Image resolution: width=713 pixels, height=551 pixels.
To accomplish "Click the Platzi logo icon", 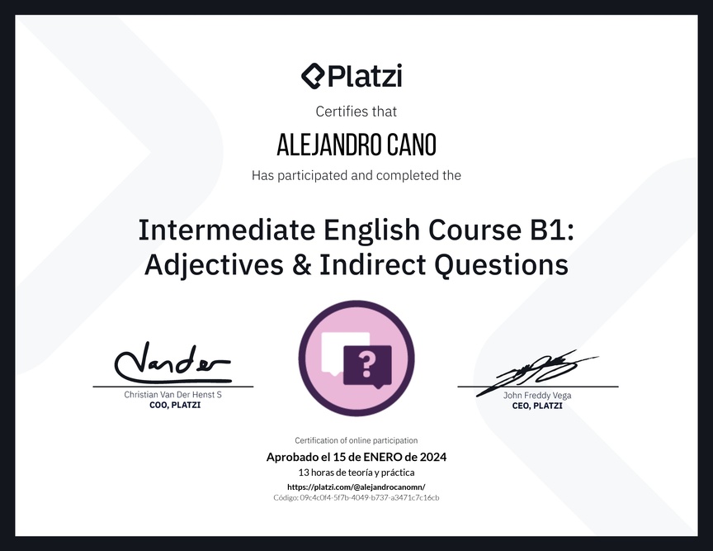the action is click(313, 76).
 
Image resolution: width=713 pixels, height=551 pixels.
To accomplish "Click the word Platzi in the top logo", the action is click(365, 76).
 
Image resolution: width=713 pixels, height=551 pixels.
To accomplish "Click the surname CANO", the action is click(412, 145).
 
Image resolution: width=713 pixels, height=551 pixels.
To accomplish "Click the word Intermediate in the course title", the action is click(226, 230).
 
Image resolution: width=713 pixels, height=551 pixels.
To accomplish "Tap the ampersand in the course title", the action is click(302, 264).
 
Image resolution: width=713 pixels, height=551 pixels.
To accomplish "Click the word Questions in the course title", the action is click(501, 265).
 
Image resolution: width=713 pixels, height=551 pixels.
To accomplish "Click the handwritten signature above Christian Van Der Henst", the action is click(172, 363).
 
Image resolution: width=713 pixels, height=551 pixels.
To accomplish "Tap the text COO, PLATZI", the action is click(175, 405).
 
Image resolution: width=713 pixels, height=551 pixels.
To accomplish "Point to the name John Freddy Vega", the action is click(537, 395).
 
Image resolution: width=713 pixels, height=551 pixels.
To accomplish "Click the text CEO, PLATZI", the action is click(537, 406).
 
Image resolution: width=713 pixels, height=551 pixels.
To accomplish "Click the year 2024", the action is click(433, 457).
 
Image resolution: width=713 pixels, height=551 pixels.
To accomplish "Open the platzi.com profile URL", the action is click(356, 487).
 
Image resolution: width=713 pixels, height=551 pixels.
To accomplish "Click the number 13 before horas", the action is click(304, 473).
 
